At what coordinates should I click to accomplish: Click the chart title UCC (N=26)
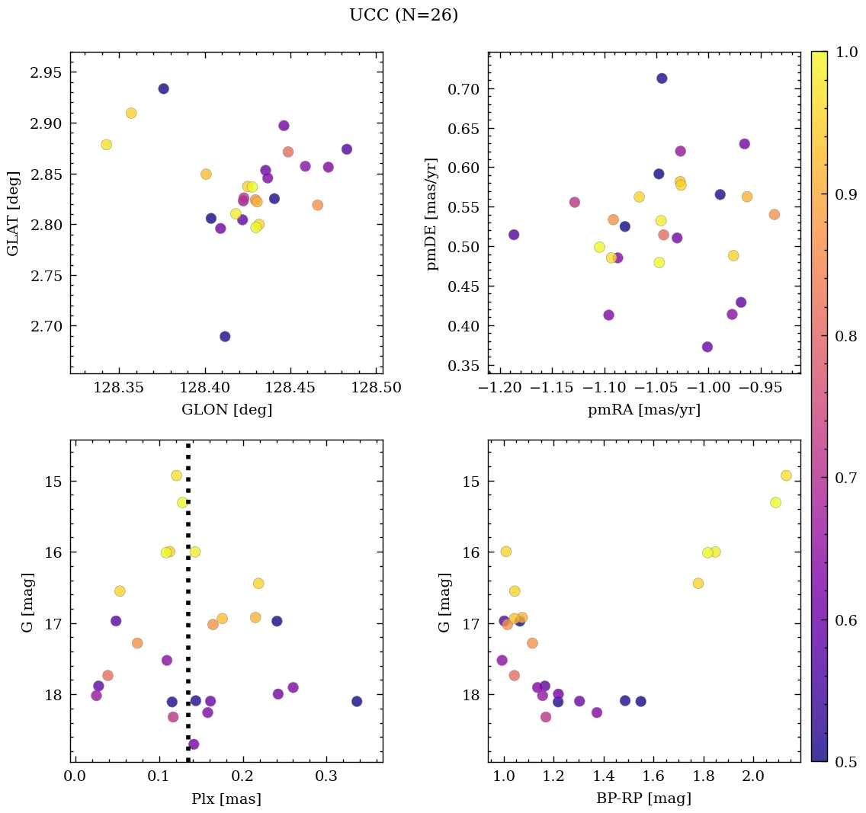[x=403, y=15]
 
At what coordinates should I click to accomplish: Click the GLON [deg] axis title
[x=226, y=409]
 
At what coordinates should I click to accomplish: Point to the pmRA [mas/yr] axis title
[x=644, y=409]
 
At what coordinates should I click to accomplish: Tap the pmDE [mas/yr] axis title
[x=432, y=213]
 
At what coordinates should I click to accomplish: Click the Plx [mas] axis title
[x=226, y=799]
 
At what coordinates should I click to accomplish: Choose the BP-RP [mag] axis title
[x=644, y=799]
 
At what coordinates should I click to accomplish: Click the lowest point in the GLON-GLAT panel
[x=225, y=337]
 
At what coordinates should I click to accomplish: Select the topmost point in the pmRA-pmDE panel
[x=662, y=78]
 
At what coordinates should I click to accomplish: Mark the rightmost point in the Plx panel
[x=357, y=701]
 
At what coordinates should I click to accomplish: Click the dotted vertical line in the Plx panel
[x=188, y=610]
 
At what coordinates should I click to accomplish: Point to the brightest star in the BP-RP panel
[x=786, y=475]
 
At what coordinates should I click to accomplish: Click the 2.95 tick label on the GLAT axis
[x=45, y=73]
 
